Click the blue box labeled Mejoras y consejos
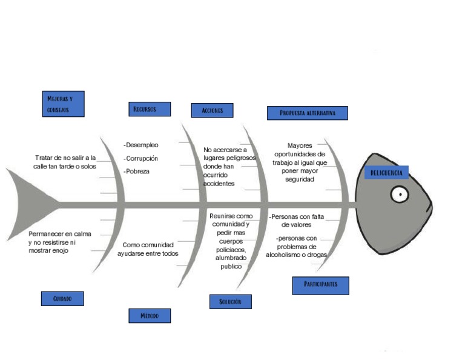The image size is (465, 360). (63, 104)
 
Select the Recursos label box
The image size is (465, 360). (150, 109)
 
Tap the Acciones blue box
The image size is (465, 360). (212, 110)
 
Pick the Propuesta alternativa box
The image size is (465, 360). (307, 113)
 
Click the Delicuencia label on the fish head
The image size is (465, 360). (386, 173)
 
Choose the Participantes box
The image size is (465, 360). (320, 285)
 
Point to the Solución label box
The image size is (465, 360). (230, 301)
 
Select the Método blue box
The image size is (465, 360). (150, 316)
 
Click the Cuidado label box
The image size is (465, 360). (62, 299)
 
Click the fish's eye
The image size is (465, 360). (399, 195)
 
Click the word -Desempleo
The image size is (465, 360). (141, 145)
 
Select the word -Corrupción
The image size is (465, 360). (141, 158)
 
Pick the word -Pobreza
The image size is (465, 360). (137, 172)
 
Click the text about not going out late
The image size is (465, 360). (65, 162)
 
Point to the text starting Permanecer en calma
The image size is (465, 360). (60, 242)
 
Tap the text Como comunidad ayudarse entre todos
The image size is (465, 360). (148, 249)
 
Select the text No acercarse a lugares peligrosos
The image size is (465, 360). (228, 167)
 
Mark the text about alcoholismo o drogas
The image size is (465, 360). (297, 247)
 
